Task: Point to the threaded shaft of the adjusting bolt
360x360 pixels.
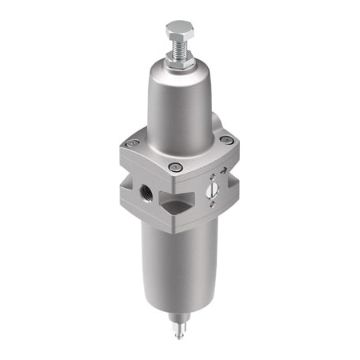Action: pos(178,49)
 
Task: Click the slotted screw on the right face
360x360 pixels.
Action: pos(212,190)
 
